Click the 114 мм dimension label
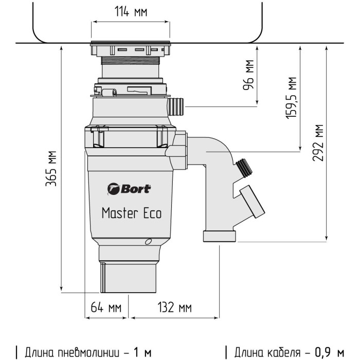130,12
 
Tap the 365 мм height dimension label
51,170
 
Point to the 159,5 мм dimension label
292,98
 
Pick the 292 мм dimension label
318,142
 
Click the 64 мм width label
106,308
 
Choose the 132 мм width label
174,308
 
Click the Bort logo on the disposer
130,189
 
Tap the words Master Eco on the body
131,212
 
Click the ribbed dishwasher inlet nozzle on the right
175,107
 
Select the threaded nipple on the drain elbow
242,167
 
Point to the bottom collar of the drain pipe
220,237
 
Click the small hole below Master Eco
148,242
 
